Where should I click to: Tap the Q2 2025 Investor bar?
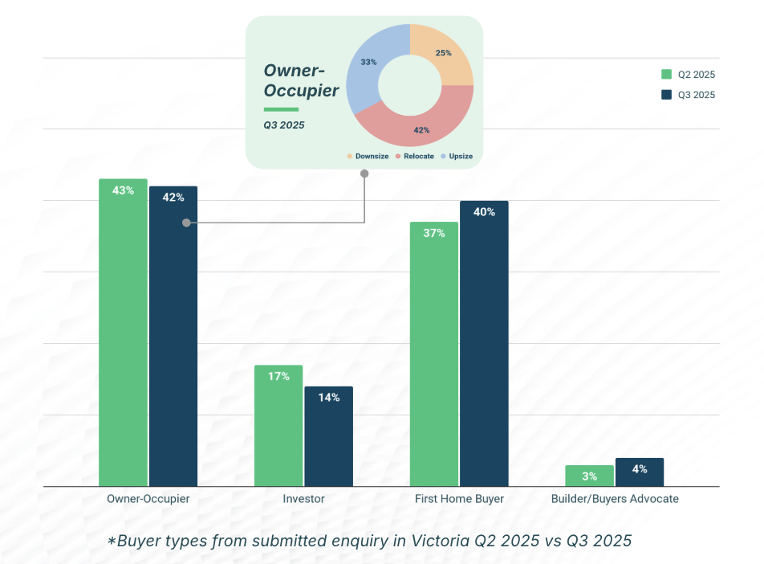[x=279, y=426]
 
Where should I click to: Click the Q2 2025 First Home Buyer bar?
[x=434, y=354]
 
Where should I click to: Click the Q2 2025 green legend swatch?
[x=666, y=75]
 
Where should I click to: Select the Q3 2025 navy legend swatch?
[x=666, y=95]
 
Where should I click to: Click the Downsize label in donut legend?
[x=372, y=156]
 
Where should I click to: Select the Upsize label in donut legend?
[x=461, y=156]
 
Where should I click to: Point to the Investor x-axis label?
[x=303, y=499]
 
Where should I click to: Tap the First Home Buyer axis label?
[x=459, y=499]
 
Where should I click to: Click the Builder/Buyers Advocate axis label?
[x=615, y=499]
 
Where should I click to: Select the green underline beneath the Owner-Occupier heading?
[x=281, y=109]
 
